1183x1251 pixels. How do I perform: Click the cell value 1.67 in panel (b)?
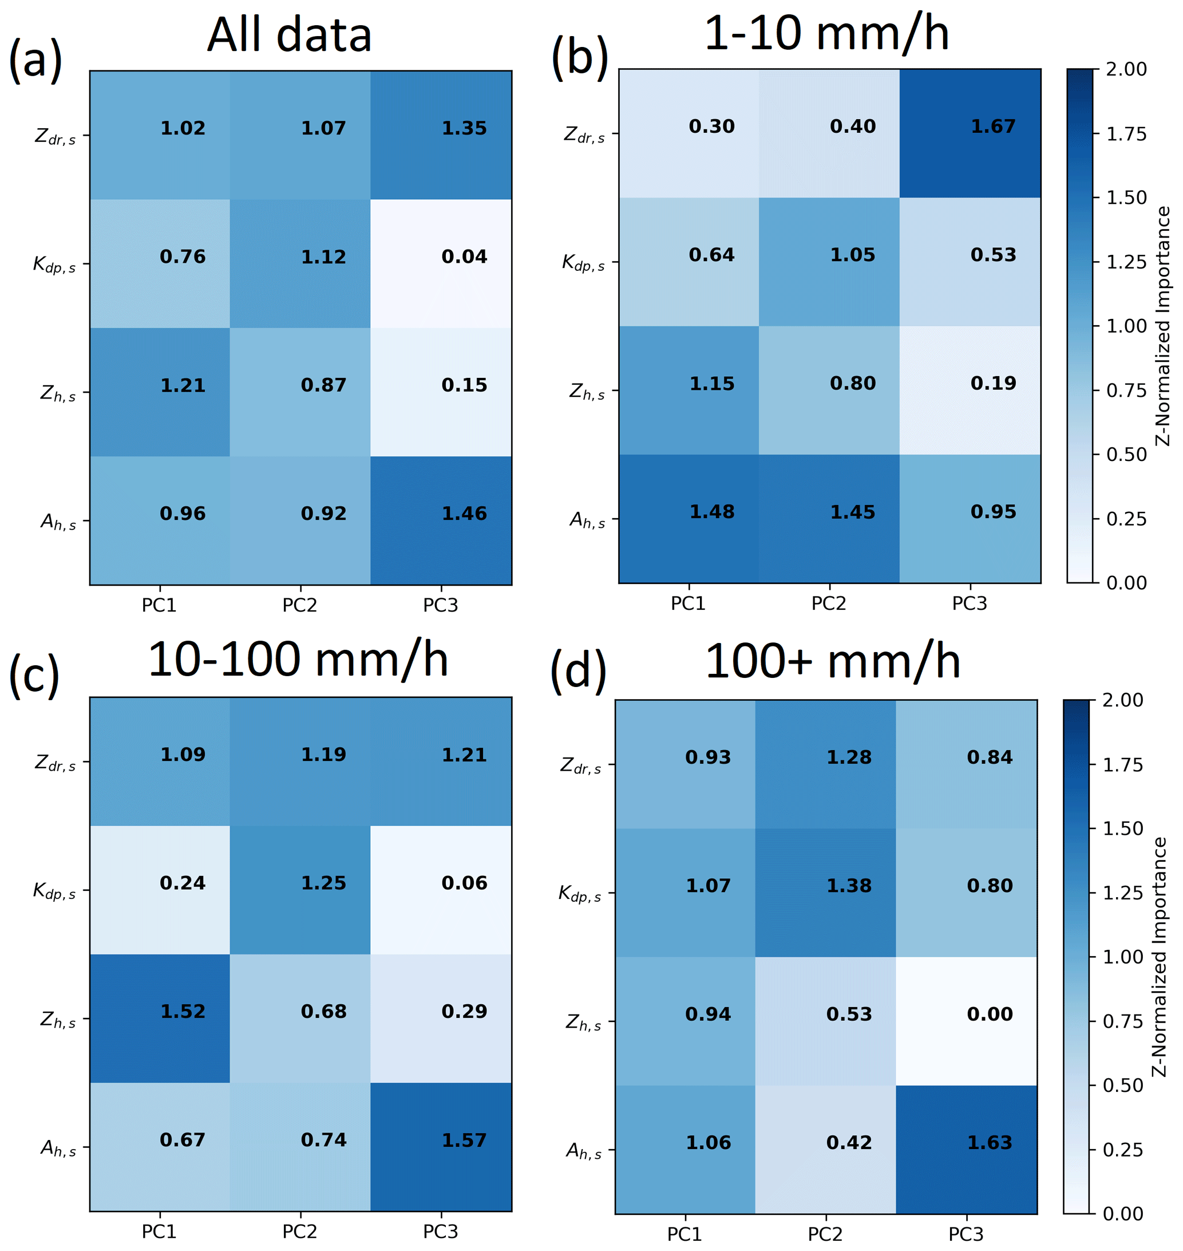(992, 127)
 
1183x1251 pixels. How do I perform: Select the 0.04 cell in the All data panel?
(464, 256)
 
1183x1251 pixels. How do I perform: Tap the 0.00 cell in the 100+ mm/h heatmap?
(990, 1014)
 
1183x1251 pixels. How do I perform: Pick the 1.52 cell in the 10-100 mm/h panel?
(183, 1011)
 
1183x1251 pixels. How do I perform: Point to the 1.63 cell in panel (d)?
(990, 1142)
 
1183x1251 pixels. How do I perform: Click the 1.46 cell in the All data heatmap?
(464, 514)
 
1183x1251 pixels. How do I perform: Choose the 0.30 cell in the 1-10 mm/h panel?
(711, 127)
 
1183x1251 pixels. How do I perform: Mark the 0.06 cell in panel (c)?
(464, 883)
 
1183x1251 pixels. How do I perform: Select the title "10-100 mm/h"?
(298, 661)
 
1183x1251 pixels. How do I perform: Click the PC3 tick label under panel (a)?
(440, 606)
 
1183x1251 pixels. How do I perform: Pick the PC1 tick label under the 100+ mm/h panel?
(685, 1234)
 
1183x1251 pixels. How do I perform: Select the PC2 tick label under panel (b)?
(829, 603)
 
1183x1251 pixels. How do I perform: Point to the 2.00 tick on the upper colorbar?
(1127, 69)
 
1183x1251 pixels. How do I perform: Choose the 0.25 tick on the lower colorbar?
(1123, 1150)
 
